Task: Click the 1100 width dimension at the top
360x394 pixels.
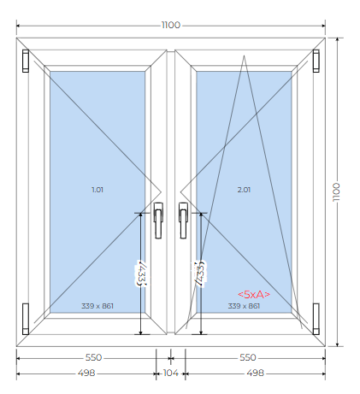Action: (x=171, y=25)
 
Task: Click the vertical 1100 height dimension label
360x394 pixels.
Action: (x=336, y=192)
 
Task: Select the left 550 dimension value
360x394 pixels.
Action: (x=93, y=357)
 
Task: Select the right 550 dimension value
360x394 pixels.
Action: (x=248, y=357)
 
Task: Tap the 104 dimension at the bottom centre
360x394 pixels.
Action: (x=171, y=373)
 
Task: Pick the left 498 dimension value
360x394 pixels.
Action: (x=86, y=373)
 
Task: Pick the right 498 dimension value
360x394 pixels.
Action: (x=256, y=373)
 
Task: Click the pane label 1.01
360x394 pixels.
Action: (x=97, y=190)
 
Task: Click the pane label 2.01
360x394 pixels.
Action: (x=244, y=190)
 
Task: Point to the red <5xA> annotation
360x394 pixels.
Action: (x=254, y=294)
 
